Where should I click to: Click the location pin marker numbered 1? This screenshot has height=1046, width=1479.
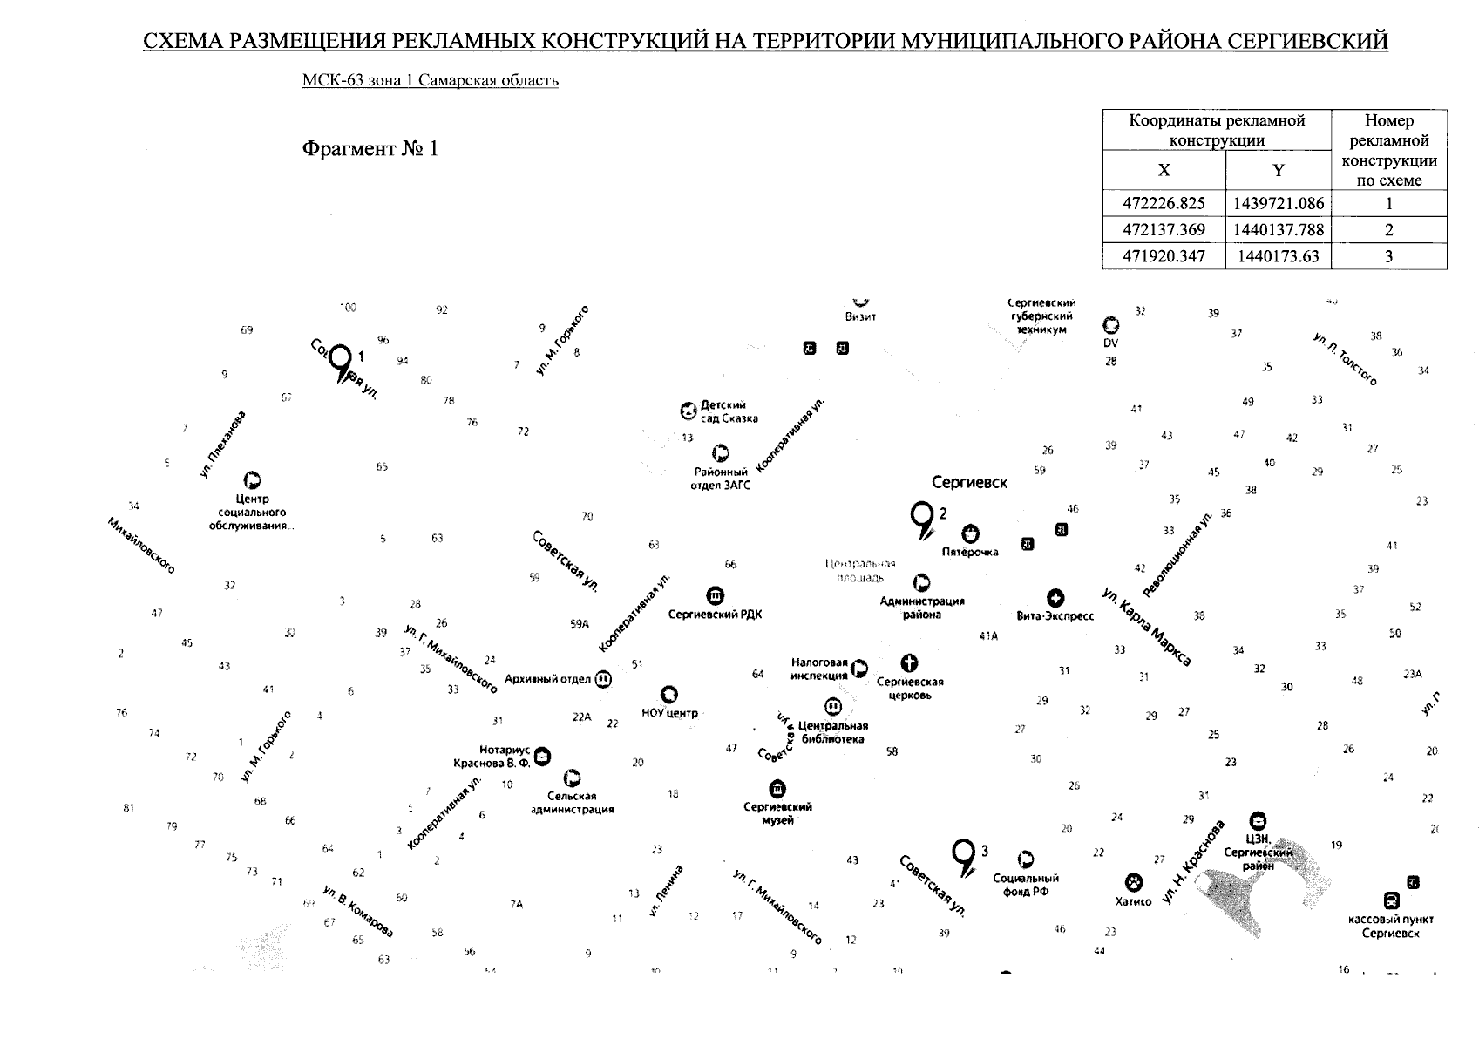pos(342,363)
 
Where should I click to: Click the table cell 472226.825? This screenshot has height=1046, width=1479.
pos(1164,204)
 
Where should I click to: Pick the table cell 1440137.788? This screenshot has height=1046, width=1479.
pos(1278,230)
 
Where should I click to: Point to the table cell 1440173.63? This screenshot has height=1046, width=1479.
pos(1278,256)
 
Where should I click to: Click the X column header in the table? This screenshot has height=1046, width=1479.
pos(1164,171)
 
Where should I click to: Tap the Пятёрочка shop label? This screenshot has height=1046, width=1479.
pos(970,552)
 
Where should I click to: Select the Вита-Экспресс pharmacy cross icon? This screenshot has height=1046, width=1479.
pos(1055,598)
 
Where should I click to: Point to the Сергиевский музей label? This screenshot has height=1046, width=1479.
pos(777,813)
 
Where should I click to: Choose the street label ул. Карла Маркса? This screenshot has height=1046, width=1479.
pos(1146,627)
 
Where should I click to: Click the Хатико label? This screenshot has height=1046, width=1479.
pos(1133,901)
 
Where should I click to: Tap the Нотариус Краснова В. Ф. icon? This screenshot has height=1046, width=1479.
pos(543,756)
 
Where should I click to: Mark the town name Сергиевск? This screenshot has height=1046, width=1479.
pos(969,482)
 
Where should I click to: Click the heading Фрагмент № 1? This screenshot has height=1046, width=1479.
pos(370,149)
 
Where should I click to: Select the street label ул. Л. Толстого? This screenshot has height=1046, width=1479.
pos(1346,358)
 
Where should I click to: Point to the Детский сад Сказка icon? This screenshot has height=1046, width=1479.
pos(689,411)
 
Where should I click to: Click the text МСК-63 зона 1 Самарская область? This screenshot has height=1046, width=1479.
pos(430,81)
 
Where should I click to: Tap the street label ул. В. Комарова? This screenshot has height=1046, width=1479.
pos(357,912)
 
